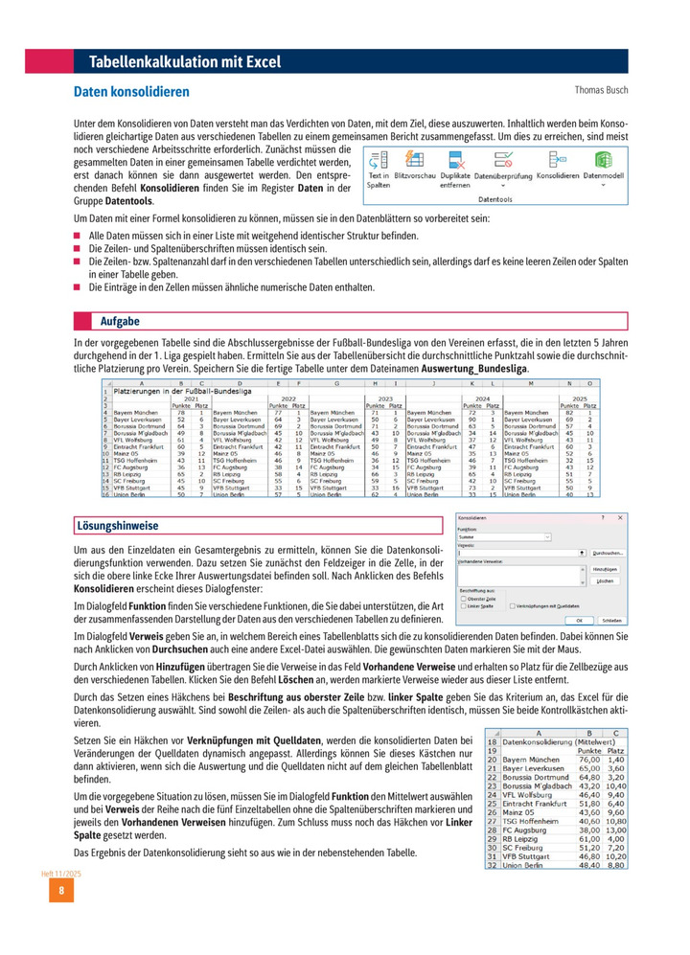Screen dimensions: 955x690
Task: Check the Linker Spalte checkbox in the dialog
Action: tap(464, 606)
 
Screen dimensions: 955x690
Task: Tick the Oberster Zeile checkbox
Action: tap(464, 599)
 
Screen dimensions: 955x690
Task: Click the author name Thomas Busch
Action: tap(601, 90)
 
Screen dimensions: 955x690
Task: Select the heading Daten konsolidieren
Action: tap(131, 92)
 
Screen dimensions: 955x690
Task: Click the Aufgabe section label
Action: tap(121, 321)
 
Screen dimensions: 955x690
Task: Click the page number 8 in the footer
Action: tap(60, 892)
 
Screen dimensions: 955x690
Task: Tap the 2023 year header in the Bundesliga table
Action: tap(386, 398)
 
